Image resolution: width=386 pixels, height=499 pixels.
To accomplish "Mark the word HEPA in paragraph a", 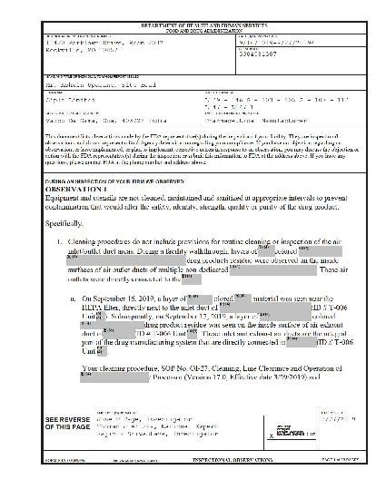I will pyautogui.click(x=93, y=309).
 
